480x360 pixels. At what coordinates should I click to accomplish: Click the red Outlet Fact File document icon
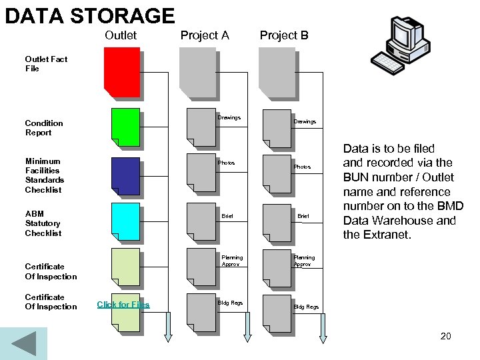[121, 72]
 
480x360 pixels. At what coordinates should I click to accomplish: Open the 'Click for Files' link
[123, 305]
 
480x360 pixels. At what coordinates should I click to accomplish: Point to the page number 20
[445, 336]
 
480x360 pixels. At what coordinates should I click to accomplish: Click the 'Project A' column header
[205, 35]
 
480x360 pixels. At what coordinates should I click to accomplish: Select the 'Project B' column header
[284, 35]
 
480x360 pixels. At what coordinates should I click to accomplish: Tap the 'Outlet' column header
[121, 35]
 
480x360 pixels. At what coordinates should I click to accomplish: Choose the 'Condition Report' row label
[44, 128]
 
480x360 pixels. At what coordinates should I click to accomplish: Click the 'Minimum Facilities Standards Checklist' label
[45, 175]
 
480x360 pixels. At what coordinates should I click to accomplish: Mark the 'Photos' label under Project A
[226, 163]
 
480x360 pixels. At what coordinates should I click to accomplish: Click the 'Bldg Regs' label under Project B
[307, 307]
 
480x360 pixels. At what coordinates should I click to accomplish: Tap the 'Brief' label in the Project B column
[303, 216]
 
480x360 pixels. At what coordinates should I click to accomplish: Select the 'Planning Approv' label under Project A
[232, 261]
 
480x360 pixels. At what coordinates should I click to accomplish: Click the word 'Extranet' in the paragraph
[393, 235]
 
